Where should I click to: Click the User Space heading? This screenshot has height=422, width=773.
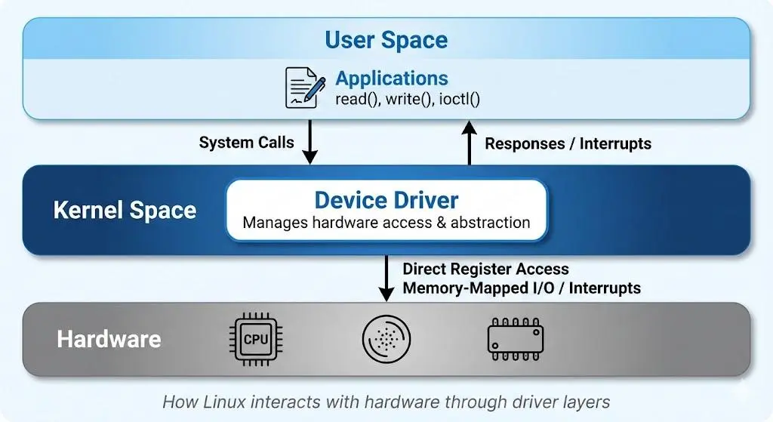coord(386,40)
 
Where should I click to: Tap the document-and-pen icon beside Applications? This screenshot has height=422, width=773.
coord(305,88)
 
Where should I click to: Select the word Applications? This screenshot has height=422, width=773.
coord(392,79)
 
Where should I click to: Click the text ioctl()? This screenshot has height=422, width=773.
coord(459,99)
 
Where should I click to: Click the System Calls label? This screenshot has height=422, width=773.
coord(247,143)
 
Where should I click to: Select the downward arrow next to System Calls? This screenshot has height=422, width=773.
coord(310,142)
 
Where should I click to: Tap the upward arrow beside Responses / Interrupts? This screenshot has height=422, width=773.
coord(470,143)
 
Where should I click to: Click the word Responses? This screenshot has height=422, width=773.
coord(525,143)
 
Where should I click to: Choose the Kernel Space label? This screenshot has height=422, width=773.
coord(125,210)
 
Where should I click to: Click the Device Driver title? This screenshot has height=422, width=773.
coord(386,200)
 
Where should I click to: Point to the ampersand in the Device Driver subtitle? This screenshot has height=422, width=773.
coord(441,223)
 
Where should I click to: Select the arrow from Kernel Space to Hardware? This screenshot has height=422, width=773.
coord(386,278)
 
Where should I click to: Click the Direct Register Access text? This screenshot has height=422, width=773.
coord(485,269)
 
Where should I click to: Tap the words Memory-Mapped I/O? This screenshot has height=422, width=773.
coord(479,288)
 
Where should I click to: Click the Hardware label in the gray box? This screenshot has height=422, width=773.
coord(109,339)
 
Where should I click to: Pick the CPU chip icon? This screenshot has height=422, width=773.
coord(256,339)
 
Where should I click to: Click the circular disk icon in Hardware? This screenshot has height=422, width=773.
coord(386,339)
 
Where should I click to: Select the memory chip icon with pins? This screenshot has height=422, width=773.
coord(516,339)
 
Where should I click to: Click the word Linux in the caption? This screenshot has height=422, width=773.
coord(224,402)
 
